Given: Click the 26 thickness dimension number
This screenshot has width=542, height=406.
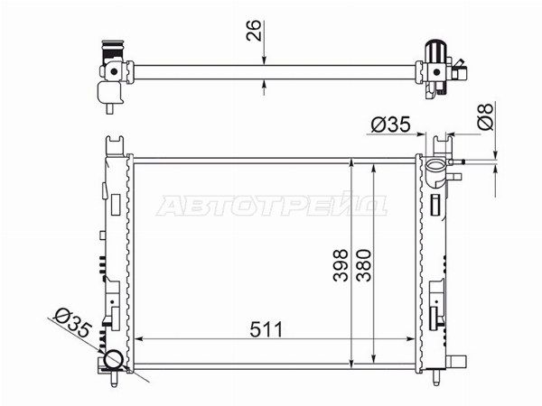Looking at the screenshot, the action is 253,31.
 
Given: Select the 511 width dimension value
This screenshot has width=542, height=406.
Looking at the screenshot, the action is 266,329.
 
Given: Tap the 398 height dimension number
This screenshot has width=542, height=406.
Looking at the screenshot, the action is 341,264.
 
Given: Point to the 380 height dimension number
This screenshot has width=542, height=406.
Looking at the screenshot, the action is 364,264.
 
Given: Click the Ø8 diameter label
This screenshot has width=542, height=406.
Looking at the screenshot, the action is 485,116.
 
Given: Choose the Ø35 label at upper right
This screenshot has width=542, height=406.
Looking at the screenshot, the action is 390,125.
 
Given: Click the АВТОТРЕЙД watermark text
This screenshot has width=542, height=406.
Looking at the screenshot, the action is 272,206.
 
